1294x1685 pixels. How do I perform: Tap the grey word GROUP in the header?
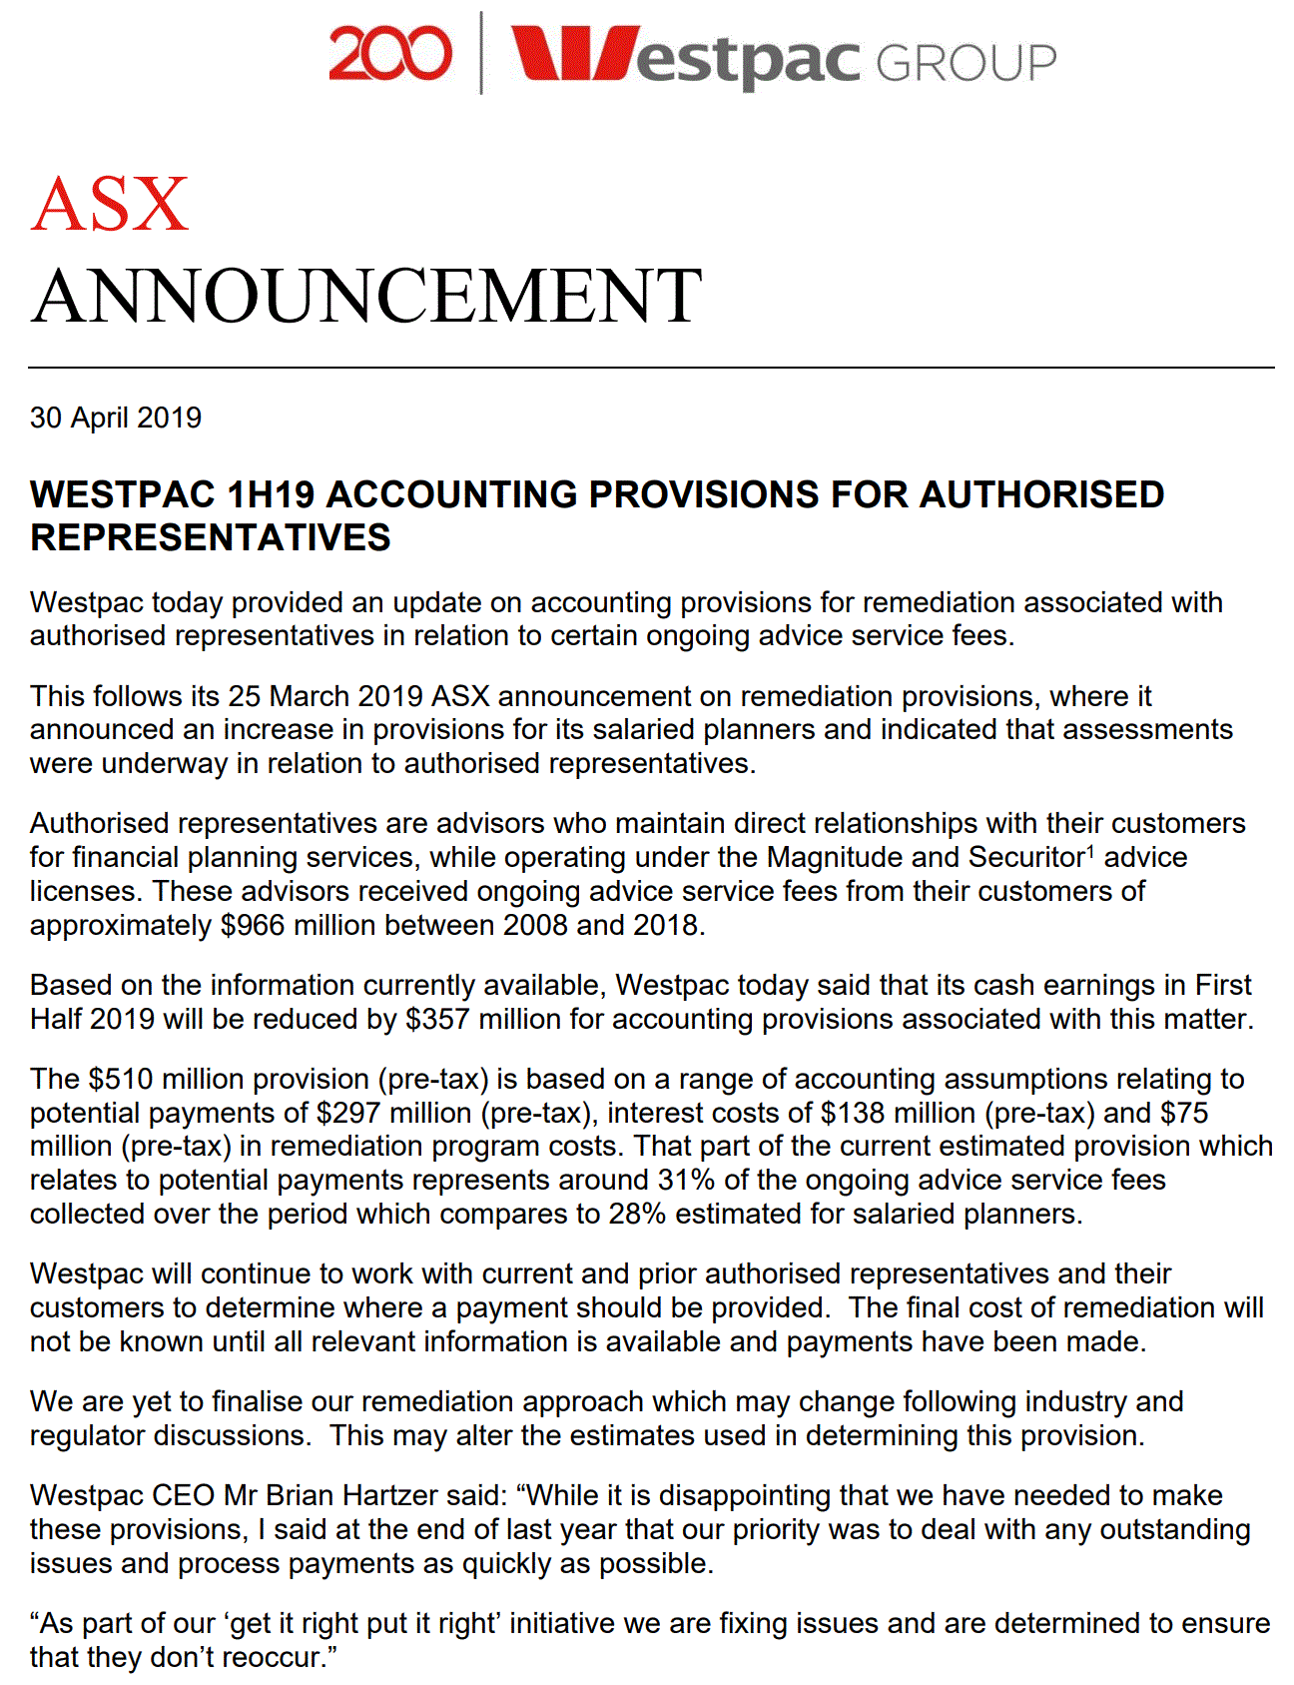pyautogui.click(x=966, y=62)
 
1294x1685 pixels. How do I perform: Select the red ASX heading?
pyautogui.click(x=109, y=205)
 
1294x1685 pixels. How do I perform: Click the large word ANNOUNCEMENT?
pyautogui.click(x=366, y=296)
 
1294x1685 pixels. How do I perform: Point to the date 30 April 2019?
pyautogui.click(x=116, y=418)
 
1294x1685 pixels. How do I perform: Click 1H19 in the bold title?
pyautogui.click(x=271, y=494)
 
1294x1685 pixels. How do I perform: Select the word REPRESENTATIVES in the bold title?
pyautogui.click(x=211, y=538)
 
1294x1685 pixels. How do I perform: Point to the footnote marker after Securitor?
pyautogui.click(x=1090, y=851)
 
